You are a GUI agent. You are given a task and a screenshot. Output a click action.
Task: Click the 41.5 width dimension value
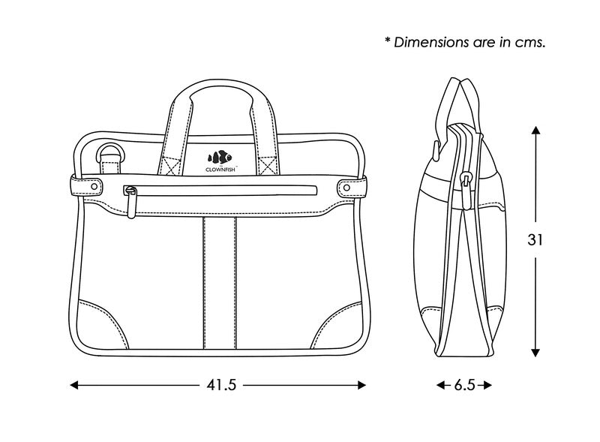[x=221, y=385]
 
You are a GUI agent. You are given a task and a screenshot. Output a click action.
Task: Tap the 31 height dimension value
[x=535, y=241]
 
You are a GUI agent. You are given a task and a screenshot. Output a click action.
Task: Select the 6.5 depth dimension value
[x=464, y=385]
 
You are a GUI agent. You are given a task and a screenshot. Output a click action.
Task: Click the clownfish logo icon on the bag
[x=220, y=158]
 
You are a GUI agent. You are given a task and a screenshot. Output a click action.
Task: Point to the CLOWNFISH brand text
[x=221, y=170]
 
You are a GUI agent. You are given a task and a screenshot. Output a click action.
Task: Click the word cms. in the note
[x=529, y=42]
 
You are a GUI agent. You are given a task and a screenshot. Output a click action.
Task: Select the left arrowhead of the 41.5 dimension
[x=74, y=385]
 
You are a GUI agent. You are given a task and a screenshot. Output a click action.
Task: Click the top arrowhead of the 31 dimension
[x=535, y=130]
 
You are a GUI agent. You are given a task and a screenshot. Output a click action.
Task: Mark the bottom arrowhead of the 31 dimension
[x=535, y=352]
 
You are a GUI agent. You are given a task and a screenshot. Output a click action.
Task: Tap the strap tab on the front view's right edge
[x=352, y=185]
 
